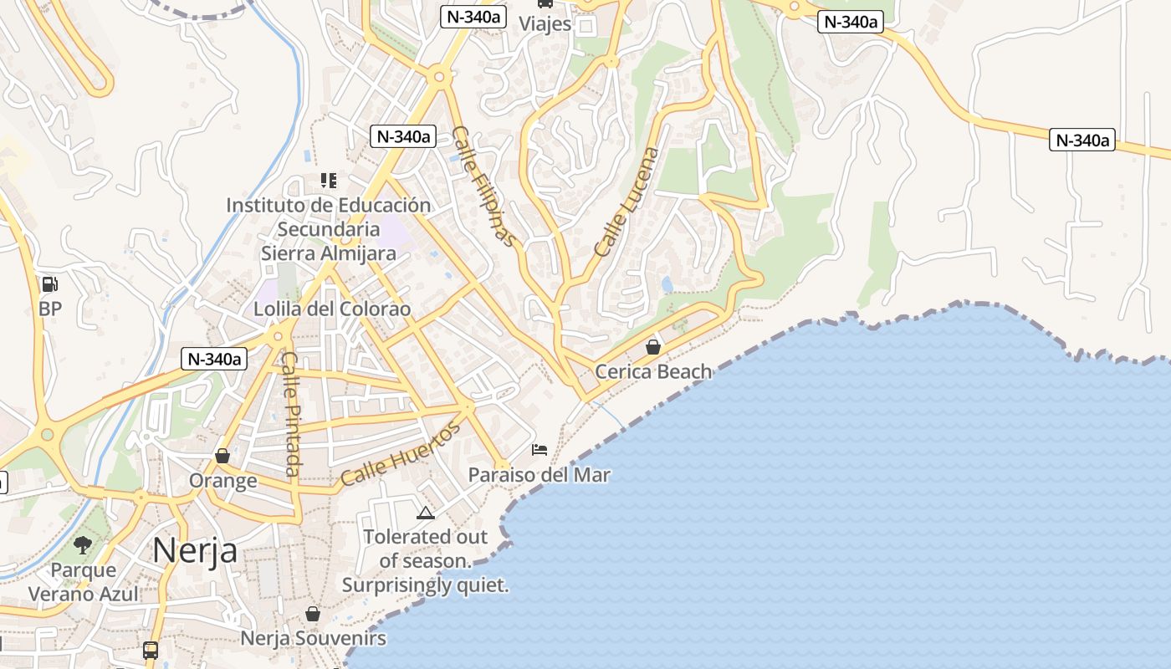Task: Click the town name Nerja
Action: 195,550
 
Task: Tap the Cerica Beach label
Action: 653,371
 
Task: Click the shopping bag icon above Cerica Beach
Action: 653,346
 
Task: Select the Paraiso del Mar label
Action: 539,475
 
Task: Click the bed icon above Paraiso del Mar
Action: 539,450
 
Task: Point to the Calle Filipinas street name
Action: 484,186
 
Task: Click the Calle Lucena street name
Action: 626,202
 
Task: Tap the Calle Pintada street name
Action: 290,414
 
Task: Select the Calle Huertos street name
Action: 401,455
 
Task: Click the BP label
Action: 50,309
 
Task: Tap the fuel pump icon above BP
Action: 50,284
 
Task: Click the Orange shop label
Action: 222,481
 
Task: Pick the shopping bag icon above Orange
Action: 222,456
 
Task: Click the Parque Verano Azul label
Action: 84,582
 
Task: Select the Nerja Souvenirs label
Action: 313,639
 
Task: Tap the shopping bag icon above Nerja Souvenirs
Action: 313,614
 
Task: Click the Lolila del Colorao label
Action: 332,309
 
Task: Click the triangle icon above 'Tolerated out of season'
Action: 425,513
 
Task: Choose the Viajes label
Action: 545,23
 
